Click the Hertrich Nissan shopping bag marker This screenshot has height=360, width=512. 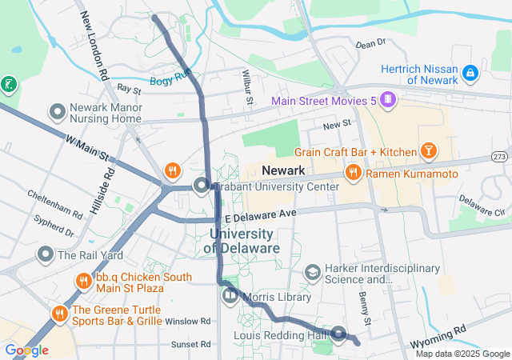tap(470, 74)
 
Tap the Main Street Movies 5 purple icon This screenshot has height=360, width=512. tap(388, 100)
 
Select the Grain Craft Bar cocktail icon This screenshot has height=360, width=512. tap(429, 151)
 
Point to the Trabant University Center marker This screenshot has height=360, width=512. tap(202, 186)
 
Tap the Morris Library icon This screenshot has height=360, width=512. tap(230, 296)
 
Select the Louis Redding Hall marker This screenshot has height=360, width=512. tap(338, 334)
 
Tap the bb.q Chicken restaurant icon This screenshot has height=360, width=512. tap(83, 282)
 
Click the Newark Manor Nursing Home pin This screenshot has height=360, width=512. tap(57, 110)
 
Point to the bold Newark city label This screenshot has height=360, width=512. tap(283, 171)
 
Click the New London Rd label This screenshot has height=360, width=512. tap(94, 48)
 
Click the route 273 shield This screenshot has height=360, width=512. tap(500, 155)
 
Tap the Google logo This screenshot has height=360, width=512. tap(26, 350)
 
